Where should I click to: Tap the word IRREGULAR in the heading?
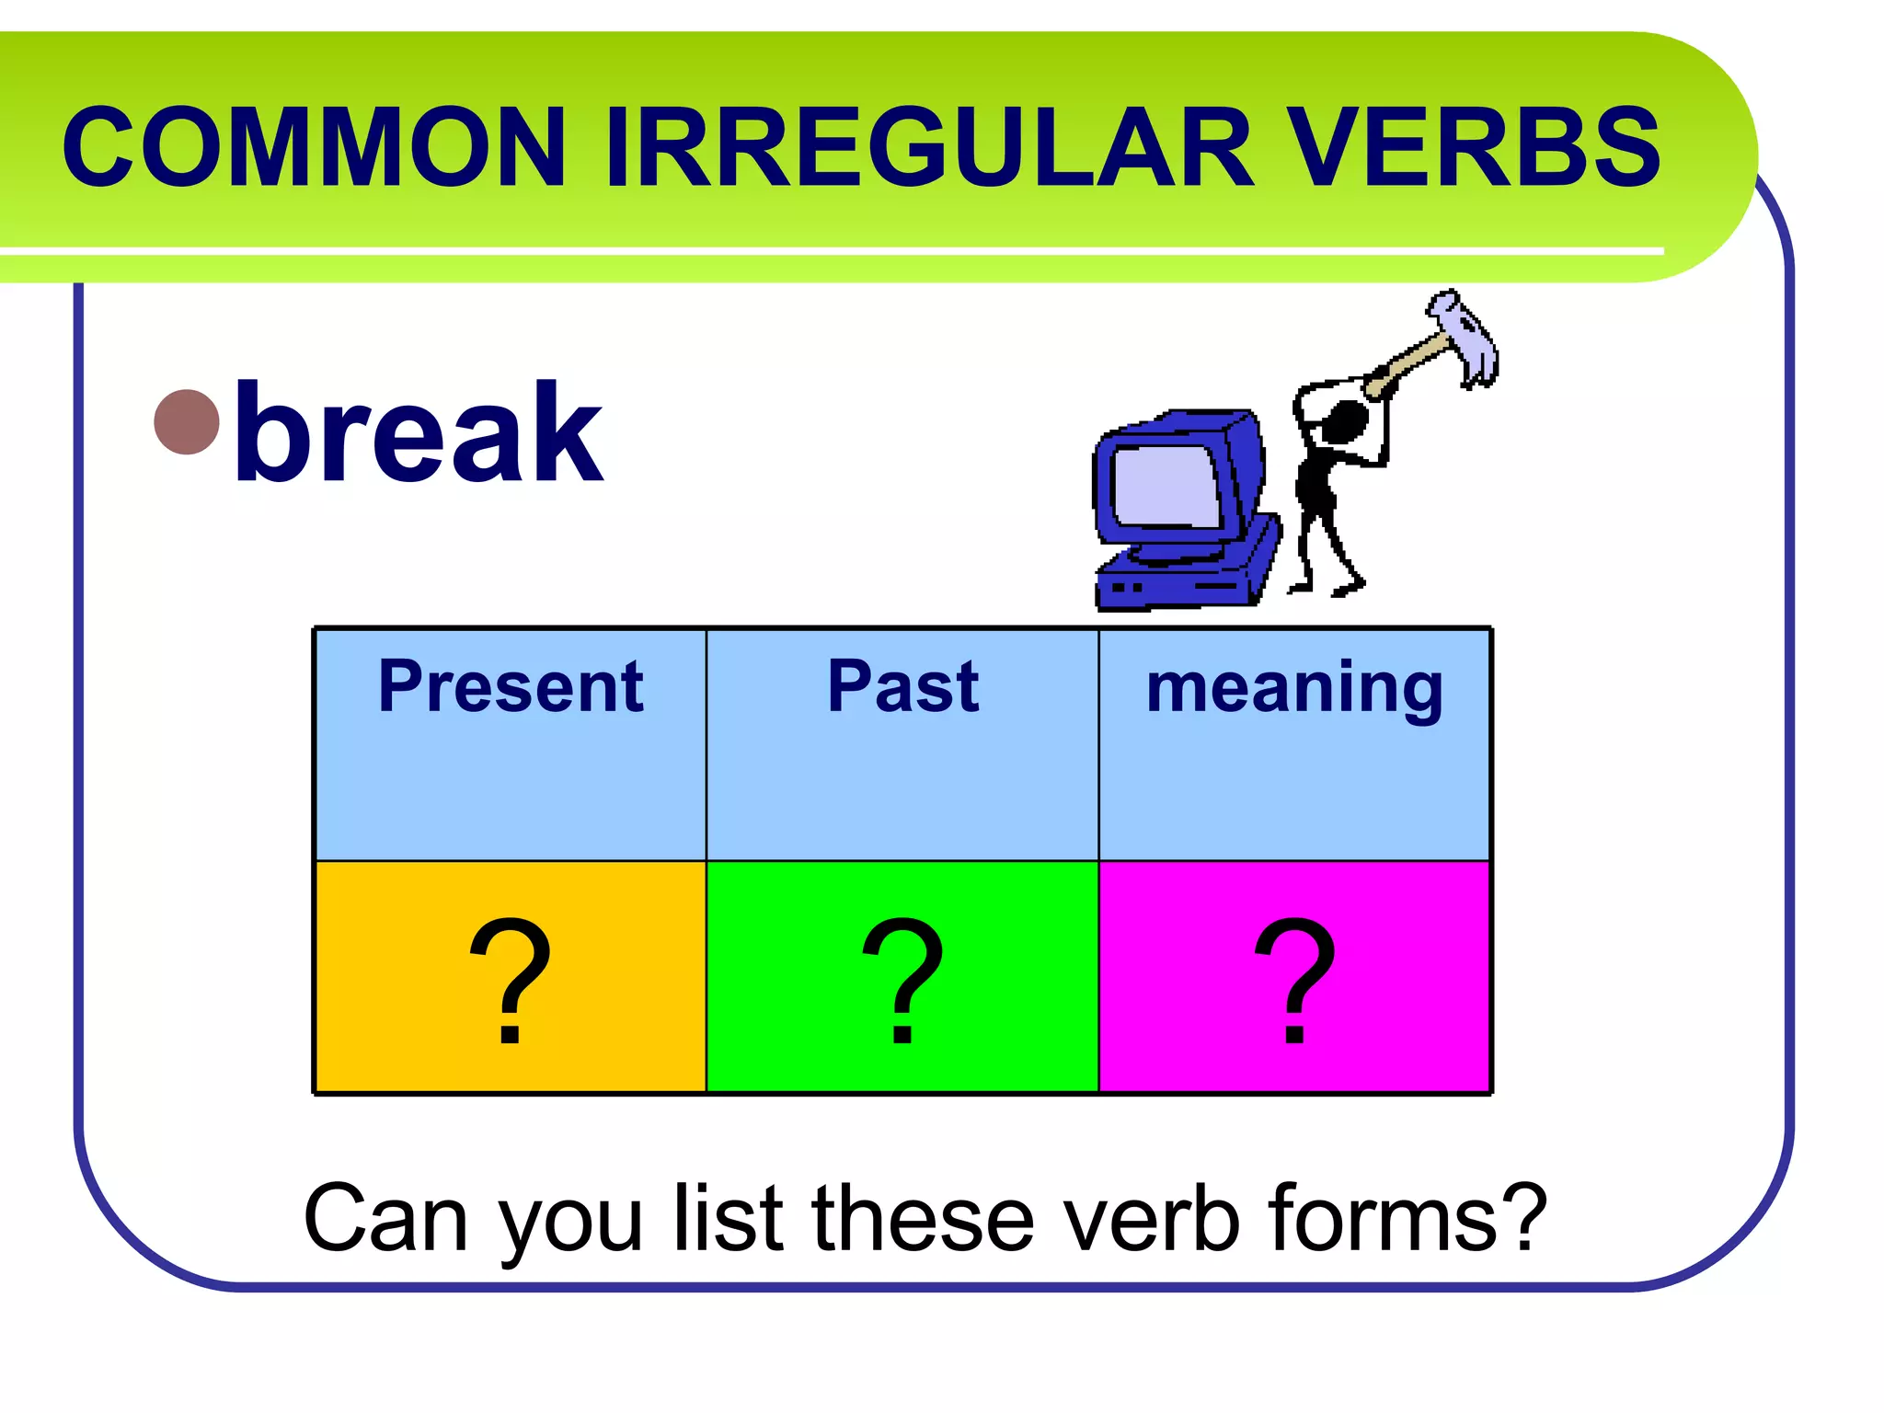930,147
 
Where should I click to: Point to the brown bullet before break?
187,422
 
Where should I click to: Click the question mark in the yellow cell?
511,980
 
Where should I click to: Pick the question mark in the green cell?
902,980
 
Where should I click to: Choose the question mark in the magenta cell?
1294,980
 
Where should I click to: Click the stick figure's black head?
1345,421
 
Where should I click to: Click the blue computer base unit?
1187,580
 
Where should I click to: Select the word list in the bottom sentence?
728,1218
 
